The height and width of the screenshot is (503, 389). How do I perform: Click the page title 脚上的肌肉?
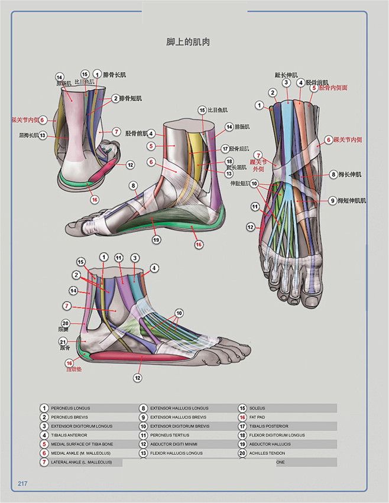click(x=189, y=43)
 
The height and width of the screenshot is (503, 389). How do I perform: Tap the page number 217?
click(x=23, y=483)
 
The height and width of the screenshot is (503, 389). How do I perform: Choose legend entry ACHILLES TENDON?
click(x=273, y=453)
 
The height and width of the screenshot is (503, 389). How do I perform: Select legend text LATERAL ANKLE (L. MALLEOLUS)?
click(x=80, y=462)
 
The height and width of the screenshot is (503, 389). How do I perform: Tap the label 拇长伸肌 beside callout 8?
click(x=350, y=174)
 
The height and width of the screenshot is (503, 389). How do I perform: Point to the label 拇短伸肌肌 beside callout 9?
click(x=352, y=201)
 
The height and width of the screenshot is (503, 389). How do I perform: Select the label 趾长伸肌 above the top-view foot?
click(x=286, y=75)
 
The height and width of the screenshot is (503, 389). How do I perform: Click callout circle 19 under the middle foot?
click(x=156, y=239)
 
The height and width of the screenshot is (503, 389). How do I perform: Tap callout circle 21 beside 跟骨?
click(x=63, y=342)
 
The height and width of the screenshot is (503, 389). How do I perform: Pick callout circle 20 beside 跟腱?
click(x=65, y=323)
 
